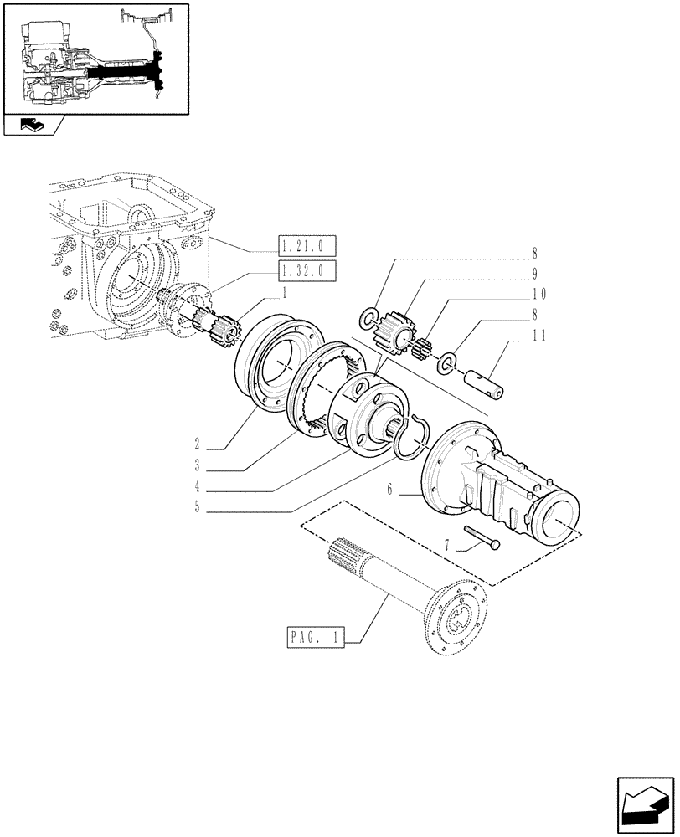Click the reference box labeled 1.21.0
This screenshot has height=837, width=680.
[x=306, y=246]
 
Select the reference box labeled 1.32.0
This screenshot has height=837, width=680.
[x=306, y=271]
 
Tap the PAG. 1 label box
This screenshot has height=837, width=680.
[x=312, y=637]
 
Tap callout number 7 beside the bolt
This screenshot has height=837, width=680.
[x=448, y=545]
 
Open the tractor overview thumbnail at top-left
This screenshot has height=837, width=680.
[x=95, y=58]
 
